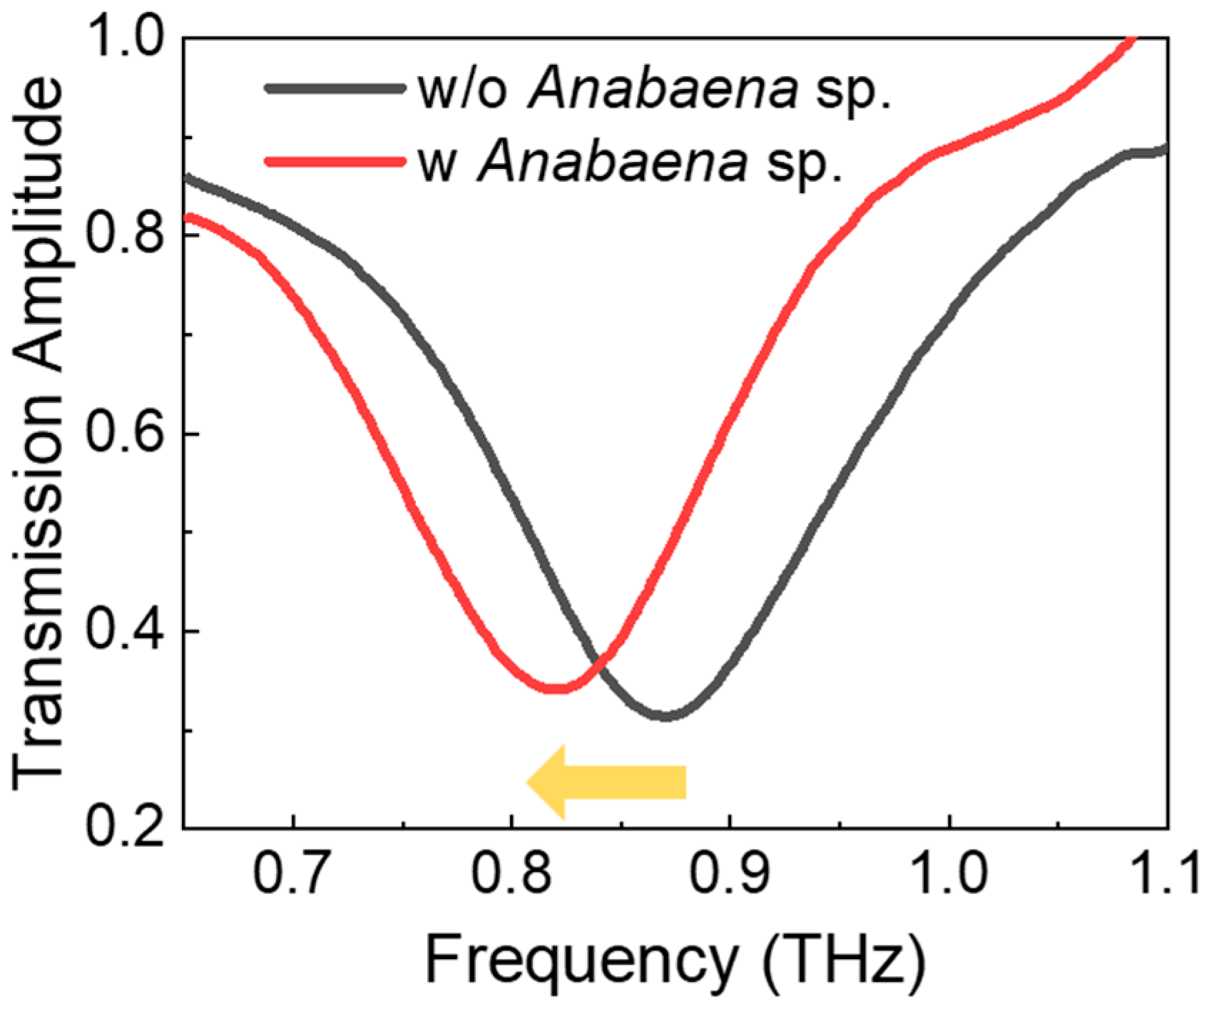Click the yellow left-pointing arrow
pyautogui.click(x=606, y=782)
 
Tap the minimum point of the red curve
pyautogui.click(x=556, y=688)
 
